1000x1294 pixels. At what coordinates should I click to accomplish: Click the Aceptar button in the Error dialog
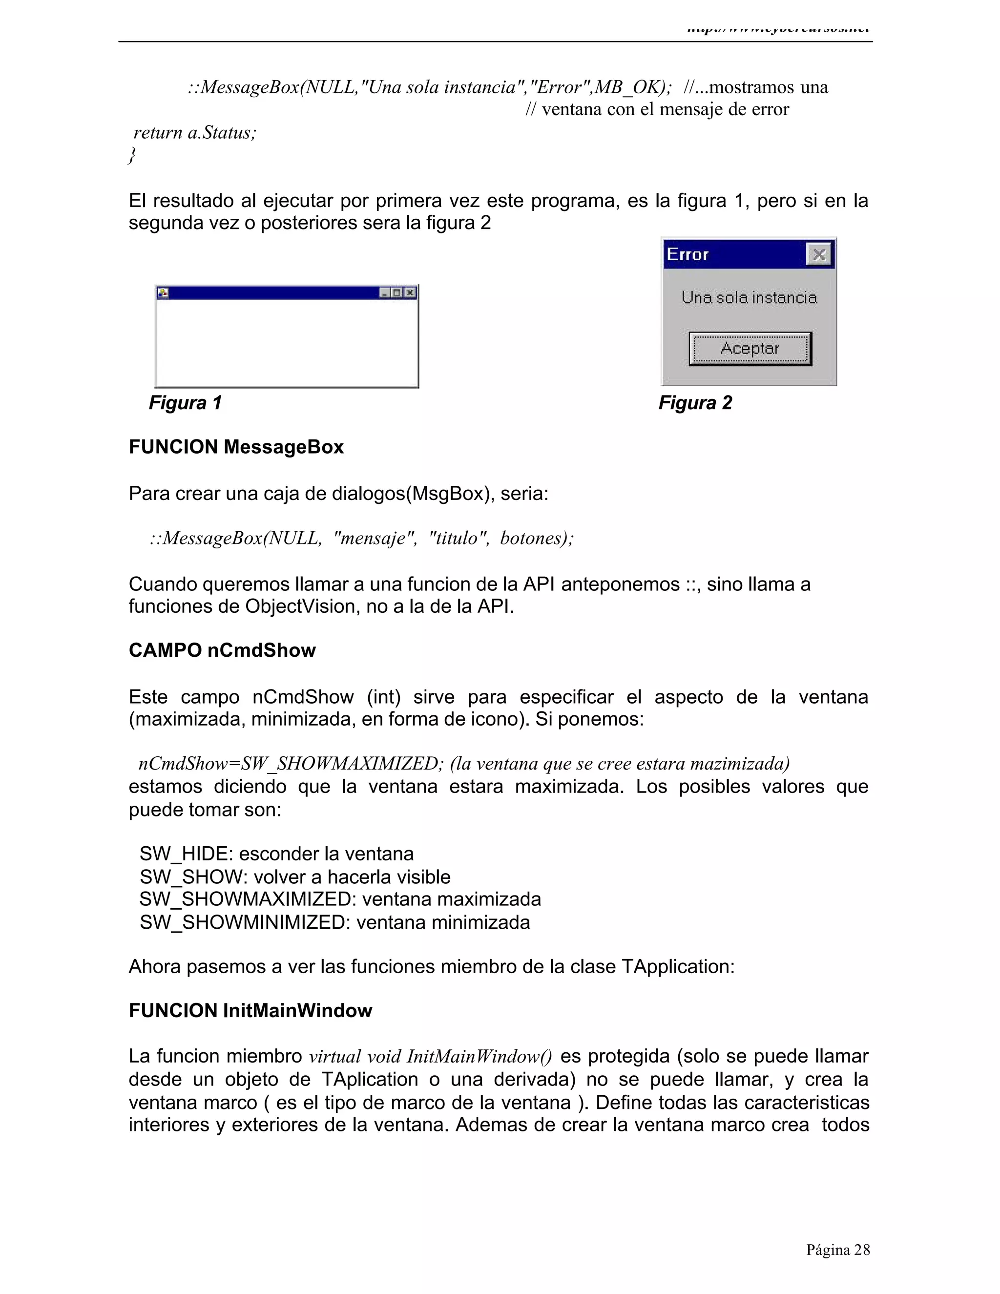pos(750,348)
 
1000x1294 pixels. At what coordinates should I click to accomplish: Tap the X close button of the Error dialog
pos(819,255)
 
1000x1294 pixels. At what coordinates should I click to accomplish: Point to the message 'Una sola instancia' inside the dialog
pos(749,297)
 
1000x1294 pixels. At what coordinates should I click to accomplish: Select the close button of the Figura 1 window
pos(410,292)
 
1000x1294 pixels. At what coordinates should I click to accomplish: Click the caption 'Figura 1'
pos(185,403)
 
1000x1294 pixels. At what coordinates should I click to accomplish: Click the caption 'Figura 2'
pos(695,403)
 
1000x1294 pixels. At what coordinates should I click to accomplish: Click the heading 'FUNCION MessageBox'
pos(236,447)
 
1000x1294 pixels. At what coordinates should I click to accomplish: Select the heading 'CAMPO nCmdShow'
pos(222,650)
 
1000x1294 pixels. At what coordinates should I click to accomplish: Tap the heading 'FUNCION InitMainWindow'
pos(250,1011)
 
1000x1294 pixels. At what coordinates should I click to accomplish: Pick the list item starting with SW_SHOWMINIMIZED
pos(334,922)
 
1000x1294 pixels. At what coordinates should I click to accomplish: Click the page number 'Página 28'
pos(838,1250)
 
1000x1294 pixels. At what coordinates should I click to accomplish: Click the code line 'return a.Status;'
pos(195,132)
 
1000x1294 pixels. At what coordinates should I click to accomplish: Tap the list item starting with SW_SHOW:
pos(294,877)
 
